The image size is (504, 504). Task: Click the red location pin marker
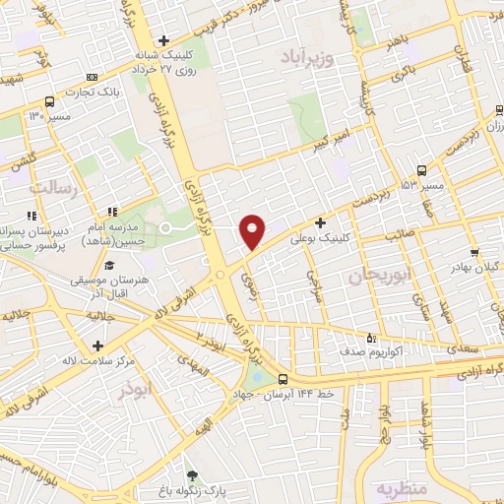coord(253,230)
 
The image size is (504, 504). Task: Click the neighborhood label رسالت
coord(52,186)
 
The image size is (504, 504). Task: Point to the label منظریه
coord(398,487)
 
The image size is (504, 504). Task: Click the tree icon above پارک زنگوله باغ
coord(192,476)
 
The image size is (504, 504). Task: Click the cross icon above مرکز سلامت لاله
coord(97,346)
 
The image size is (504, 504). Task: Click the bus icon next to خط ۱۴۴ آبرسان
coord(283,379)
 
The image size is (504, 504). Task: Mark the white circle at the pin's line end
coord(165,227)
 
